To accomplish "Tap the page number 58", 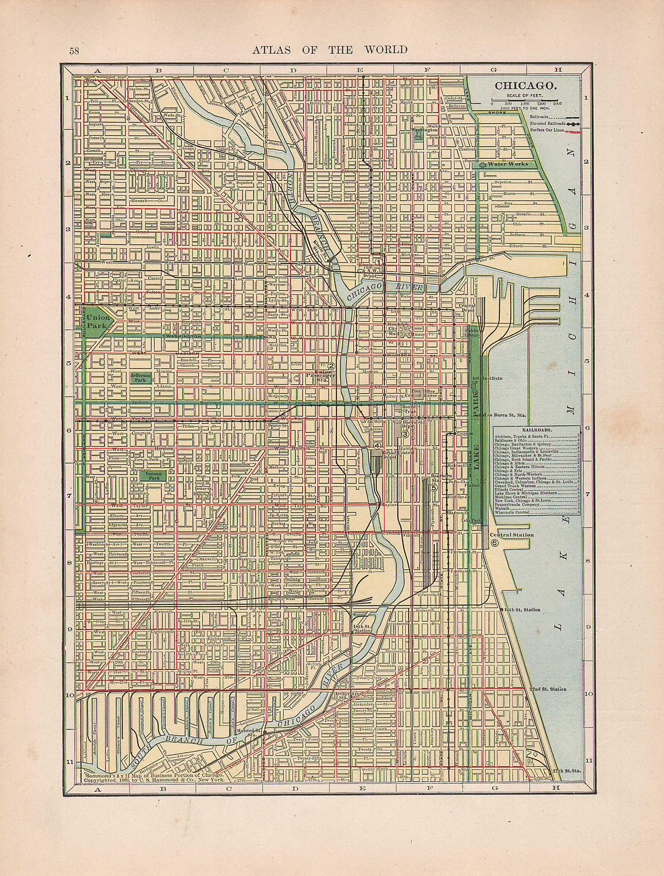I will coord(75,51).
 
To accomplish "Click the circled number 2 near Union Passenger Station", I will coord(331,366).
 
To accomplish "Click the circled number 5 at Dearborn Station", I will coord(434,487).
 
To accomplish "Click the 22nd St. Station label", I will coord(547,689).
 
